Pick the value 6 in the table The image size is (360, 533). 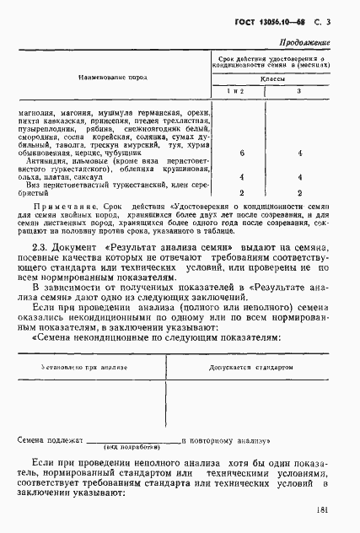point(242,154)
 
